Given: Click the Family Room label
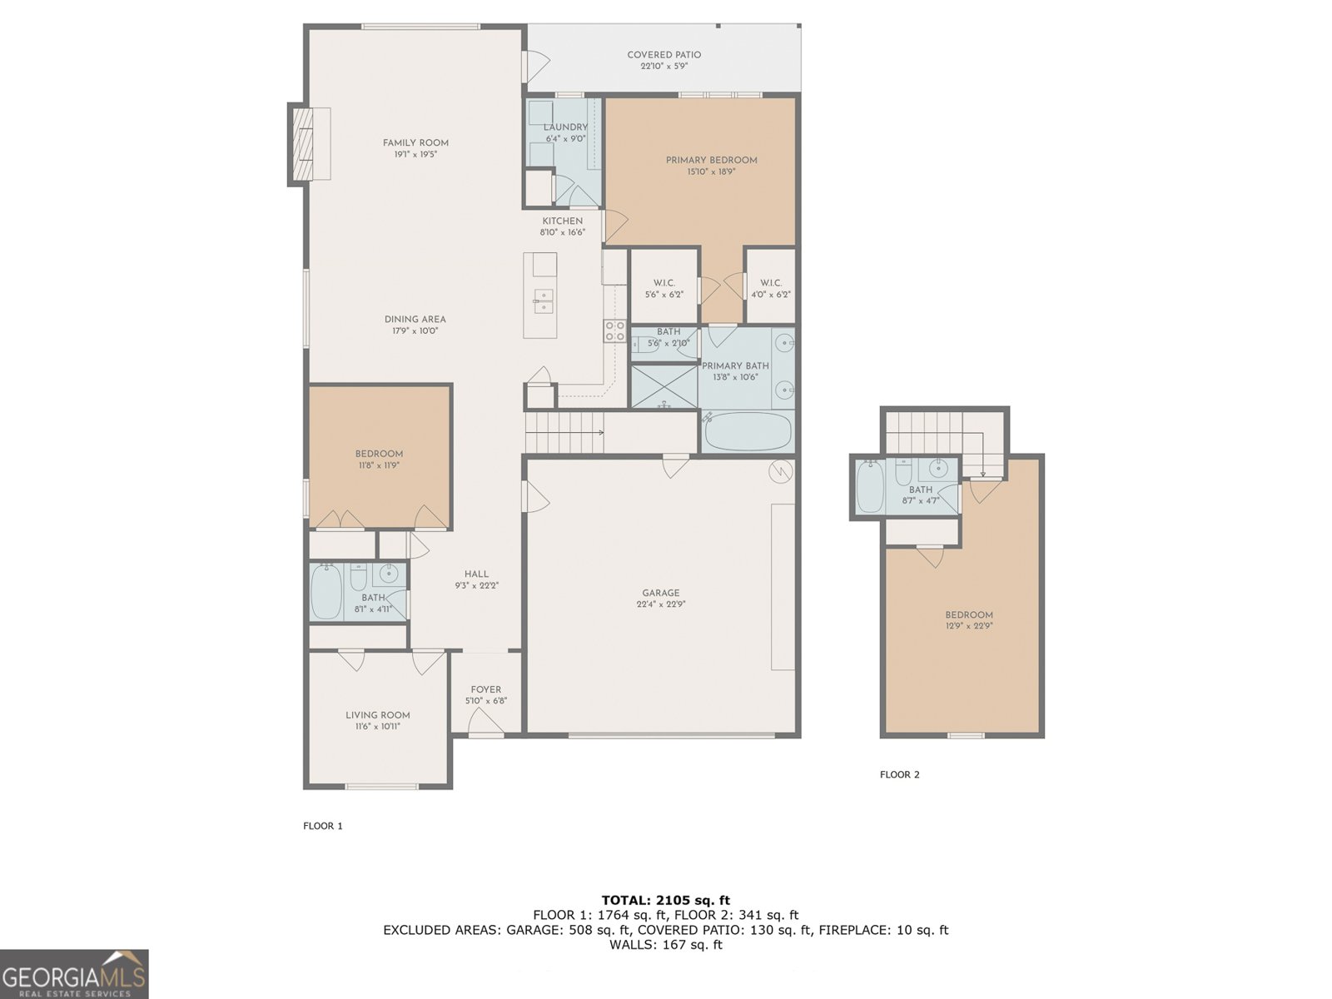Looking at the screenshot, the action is [415, 143].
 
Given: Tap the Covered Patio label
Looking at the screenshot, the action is [664, 55].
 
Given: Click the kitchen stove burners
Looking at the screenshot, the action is [614, 331].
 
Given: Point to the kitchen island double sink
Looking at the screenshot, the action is [543, 301].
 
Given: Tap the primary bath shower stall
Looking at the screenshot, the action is [664, 385].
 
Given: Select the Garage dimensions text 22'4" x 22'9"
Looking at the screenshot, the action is [660, 604].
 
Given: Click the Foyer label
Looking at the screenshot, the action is [486, 689].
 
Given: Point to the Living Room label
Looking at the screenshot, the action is [377, 715].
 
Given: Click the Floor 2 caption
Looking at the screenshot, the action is [899, 774].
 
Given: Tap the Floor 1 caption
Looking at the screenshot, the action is [323, 826].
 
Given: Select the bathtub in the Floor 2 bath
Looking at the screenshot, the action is [870, 486].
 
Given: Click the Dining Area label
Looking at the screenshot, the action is [415, 320].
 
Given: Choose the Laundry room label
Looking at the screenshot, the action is [565, 127].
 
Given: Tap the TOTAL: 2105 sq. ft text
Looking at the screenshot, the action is [666, 900].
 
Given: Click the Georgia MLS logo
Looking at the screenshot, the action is [74, 974].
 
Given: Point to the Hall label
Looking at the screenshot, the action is [476, 574].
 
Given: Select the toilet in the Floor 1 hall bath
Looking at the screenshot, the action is [359, 577].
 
